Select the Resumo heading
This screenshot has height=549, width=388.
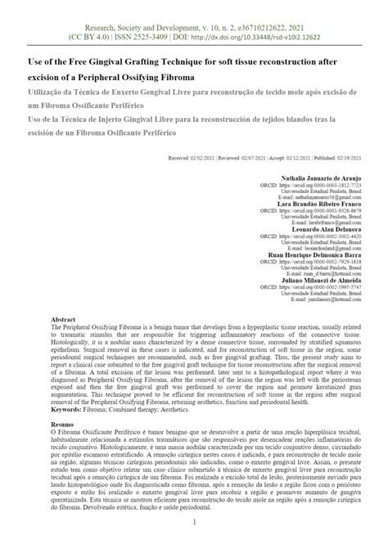pyautogui.click(x=62, y=425)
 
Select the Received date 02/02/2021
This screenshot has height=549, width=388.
pyautogui.click(x=187, y=155)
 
